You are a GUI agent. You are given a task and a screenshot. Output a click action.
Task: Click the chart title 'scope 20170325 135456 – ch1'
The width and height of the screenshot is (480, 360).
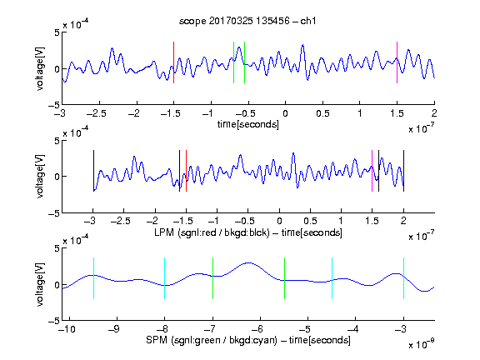247,21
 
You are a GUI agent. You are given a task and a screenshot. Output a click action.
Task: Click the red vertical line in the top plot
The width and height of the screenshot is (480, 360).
173,62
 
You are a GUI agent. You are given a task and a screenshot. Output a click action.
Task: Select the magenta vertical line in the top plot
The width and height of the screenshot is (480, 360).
397,62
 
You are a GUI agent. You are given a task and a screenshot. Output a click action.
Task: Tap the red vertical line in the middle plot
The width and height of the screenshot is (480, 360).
186,171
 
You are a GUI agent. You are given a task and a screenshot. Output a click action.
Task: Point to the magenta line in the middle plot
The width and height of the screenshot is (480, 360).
372,171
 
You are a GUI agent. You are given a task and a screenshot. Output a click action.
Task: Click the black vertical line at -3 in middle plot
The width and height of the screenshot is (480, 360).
93,171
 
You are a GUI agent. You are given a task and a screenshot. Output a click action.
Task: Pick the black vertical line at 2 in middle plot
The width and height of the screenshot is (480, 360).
403,171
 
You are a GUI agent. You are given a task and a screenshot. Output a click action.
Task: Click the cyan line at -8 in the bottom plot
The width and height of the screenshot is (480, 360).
165,278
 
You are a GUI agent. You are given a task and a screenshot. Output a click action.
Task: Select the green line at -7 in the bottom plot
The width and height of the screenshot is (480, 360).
212,278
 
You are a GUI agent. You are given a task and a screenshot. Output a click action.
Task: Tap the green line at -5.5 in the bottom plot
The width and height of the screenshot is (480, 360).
284,278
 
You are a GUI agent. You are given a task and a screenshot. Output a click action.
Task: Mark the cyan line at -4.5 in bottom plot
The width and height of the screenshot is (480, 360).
332,278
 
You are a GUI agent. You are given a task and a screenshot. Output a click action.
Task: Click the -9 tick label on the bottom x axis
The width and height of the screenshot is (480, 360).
114,329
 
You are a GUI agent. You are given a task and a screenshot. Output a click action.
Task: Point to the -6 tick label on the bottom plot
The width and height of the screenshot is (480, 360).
257,329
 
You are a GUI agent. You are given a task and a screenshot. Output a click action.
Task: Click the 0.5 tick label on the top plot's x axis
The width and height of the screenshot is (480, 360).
322,113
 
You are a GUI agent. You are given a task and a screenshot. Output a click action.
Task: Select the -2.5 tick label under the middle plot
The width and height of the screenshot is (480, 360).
121,221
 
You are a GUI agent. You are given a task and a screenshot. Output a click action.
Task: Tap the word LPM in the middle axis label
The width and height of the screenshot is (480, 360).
164,232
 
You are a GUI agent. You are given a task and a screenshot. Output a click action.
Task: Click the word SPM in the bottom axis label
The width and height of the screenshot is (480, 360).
157,340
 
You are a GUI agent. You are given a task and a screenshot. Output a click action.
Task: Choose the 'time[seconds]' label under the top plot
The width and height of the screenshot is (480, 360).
248,124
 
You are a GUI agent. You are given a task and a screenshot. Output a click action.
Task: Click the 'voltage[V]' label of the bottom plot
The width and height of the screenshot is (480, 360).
40,284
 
